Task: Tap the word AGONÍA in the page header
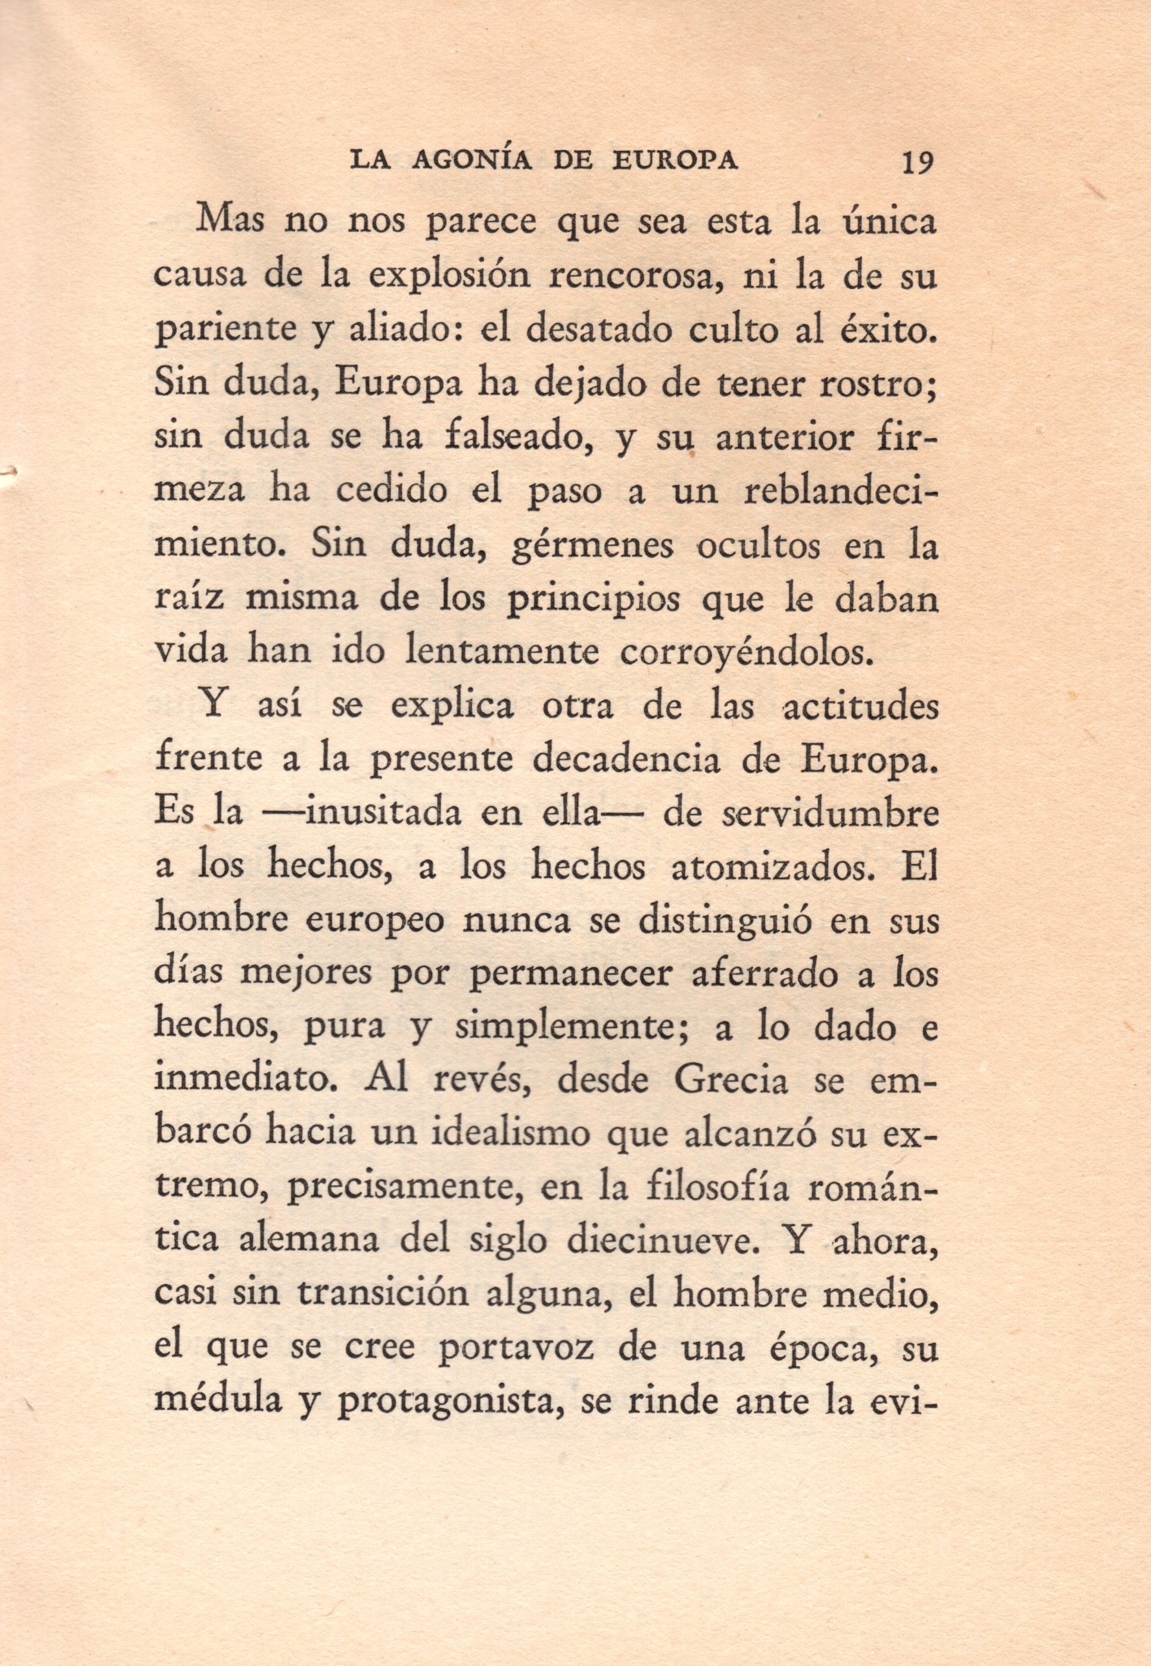(x=472, y=161)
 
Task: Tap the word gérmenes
(x=590, y=546)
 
